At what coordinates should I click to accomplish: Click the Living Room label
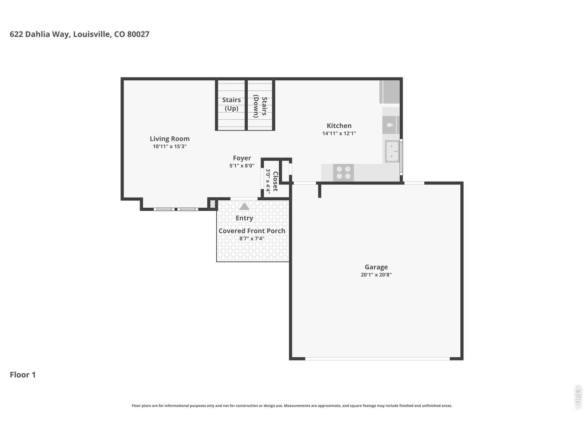point(169,139)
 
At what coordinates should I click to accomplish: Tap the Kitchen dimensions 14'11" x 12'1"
point(339,133)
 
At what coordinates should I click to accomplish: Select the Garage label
point(376,267)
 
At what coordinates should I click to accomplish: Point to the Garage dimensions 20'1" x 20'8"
point(376,275)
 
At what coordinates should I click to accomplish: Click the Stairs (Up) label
point(231,104)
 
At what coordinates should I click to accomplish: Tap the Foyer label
point(242,158)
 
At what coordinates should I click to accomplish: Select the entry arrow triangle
point(244,207)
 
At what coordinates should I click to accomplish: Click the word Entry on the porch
point(244,218)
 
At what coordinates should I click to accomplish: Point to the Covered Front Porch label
point(252,231)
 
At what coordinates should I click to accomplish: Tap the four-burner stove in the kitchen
point(343,172)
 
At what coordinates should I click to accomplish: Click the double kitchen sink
point(392,151)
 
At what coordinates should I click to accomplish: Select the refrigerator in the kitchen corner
point(389,92)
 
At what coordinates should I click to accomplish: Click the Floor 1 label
point(23,375)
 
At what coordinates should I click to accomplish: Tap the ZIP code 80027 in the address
point(138,34)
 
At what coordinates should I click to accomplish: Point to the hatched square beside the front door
point(213,204)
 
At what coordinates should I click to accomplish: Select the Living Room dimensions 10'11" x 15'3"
point(169,146)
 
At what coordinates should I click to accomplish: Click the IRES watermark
point(577,397)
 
